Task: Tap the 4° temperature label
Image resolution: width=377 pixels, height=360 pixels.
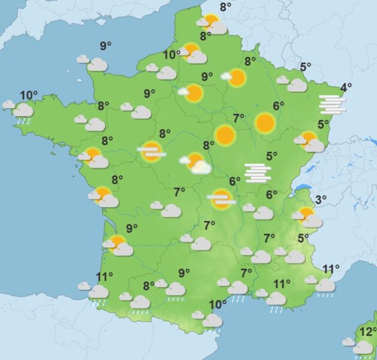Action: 346,88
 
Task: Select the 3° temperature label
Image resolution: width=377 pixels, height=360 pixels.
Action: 321,200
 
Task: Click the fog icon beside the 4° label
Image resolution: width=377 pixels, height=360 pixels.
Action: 333,104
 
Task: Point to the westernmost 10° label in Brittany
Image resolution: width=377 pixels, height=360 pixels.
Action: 28,95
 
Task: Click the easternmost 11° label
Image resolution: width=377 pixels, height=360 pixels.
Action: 331,268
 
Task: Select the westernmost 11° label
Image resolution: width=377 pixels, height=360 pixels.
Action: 104,277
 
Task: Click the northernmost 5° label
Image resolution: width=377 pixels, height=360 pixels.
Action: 306,67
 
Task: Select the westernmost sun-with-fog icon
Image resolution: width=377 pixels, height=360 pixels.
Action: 152,151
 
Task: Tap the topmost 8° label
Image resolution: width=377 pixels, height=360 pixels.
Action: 225,7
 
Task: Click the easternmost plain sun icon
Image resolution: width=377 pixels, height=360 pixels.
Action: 264,123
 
